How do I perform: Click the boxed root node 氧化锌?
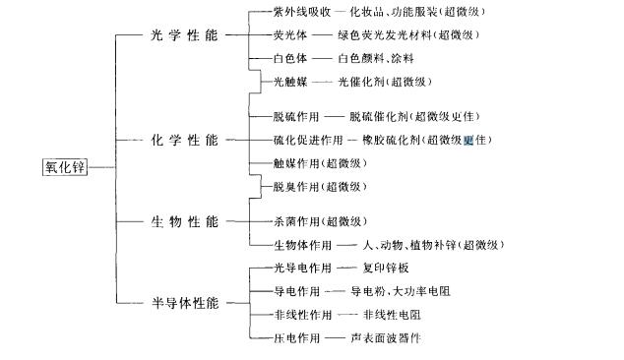click(66, 167)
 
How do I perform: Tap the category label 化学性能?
click(186, 140)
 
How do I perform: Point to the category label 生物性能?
click(186, 221)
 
